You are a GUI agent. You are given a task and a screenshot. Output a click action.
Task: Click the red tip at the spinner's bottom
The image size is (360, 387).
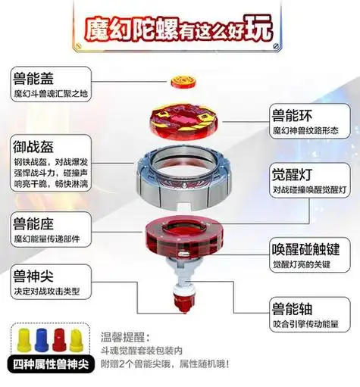point(180,309)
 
